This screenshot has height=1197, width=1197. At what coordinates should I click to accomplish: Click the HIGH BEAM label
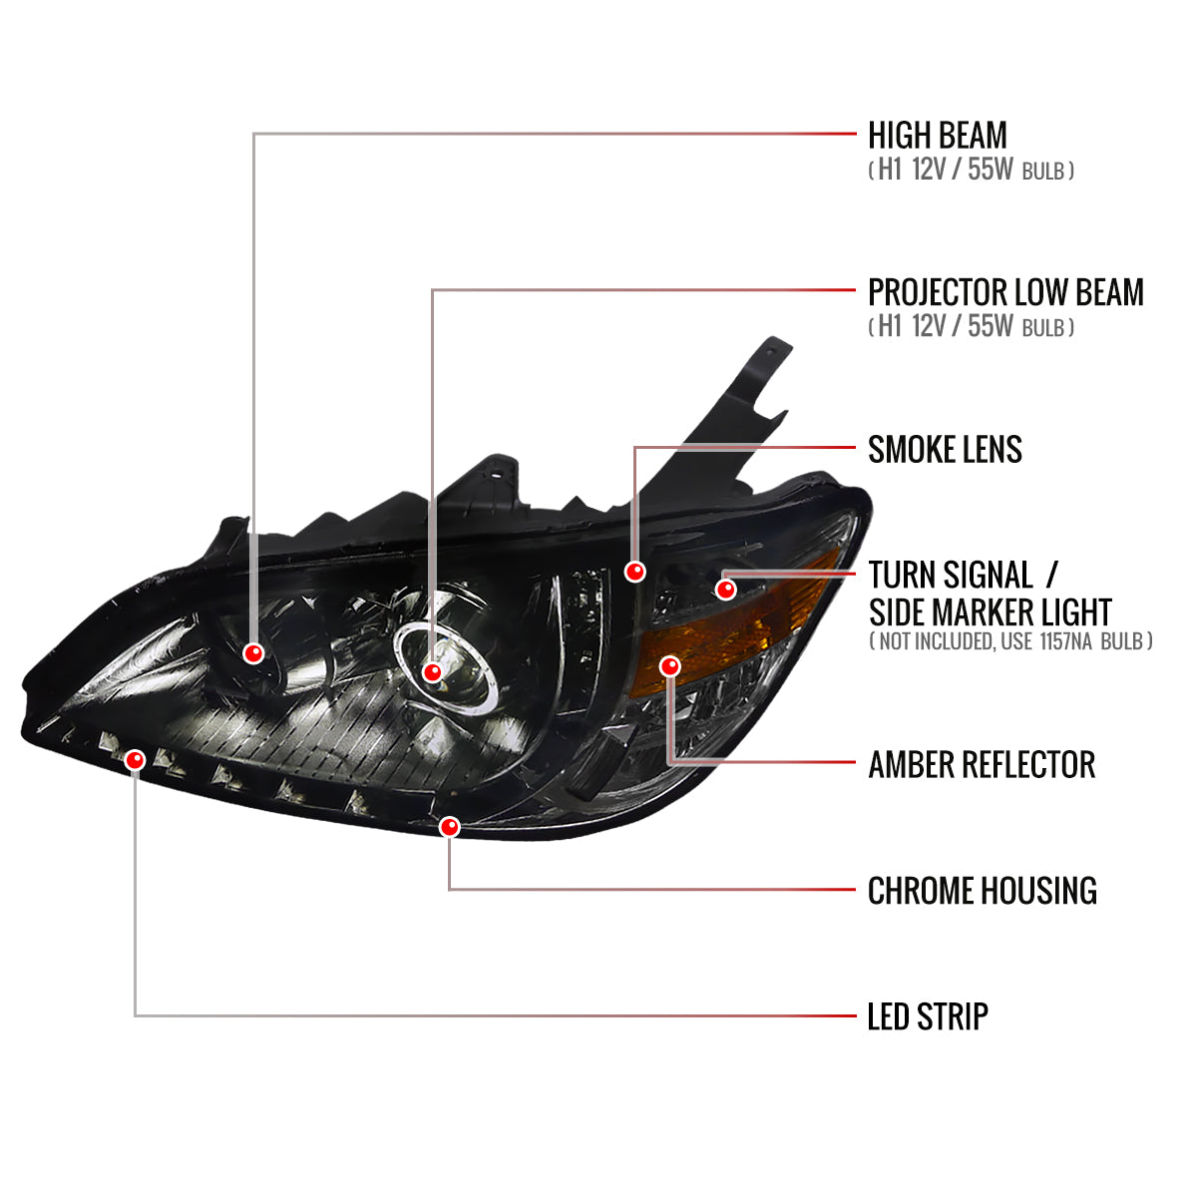937,136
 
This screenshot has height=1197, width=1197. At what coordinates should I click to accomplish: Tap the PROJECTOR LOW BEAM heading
1005,293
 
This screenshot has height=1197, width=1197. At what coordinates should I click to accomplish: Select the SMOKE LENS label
945,450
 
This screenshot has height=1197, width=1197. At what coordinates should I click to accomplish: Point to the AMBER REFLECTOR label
982,765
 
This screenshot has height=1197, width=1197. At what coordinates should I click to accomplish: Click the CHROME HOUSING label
982,891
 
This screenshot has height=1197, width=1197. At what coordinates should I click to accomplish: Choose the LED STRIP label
928,1017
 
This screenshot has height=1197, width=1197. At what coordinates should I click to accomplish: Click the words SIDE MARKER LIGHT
990,611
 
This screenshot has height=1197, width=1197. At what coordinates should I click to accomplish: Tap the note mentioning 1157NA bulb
1010,641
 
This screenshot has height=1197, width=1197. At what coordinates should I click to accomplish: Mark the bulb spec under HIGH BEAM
971,171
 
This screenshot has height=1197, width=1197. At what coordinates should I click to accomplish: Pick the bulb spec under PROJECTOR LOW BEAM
971,326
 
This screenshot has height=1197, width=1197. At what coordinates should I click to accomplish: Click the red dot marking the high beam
253,653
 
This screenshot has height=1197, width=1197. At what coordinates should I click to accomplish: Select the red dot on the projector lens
432,672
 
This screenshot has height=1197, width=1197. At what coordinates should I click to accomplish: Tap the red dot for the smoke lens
634,572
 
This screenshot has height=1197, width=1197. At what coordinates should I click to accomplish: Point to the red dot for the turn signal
726,590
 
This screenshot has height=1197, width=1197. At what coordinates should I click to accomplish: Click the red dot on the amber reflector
669,665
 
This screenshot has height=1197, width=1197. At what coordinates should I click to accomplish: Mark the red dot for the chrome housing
449,826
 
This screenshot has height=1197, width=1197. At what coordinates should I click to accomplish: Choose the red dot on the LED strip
135,760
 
